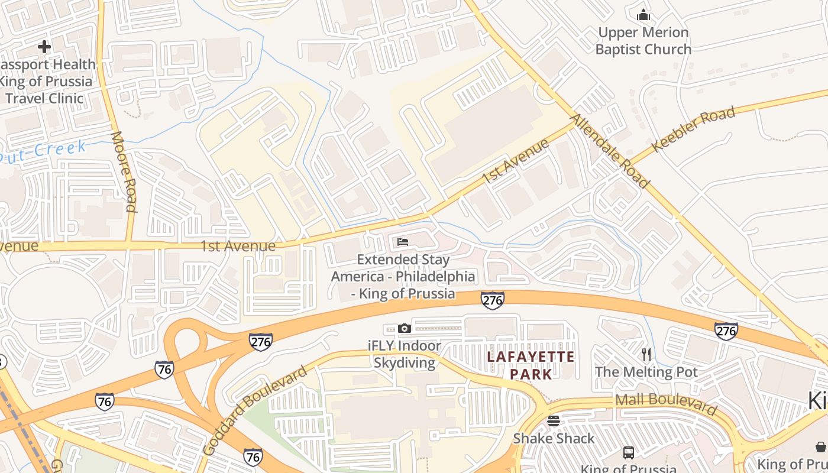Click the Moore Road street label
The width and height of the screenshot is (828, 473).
tap(124, 171)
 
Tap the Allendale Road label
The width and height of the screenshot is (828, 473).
tap(609, 151)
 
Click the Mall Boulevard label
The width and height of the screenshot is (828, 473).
tap(666, 404)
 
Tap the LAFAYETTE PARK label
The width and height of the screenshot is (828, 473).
tap(531, 365)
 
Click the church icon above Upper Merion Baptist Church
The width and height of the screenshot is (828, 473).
tap(643, 15)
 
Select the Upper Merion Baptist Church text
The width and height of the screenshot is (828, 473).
tap(643, 41)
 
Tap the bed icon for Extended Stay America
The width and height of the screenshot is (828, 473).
tap(403, 242)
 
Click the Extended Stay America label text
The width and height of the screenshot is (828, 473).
tap(403, 276)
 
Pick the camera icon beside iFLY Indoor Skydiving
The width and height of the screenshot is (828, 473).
tap(405, 328)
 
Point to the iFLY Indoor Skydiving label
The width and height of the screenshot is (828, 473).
tap(405, 354)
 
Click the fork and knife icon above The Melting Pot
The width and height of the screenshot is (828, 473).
tap(646, 354)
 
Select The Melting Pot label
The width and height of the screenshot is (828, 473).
tap(646, 372)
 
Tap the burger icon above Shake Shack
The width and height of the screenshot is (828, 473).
tap(554, 420)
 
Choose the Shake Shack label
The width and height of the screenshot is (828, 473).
tap(554, 438)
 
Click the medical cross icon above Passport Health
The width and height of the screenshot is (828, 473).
tap(44, 46)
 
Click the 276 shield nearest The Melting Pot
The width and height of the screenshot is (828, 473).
tap(726, 331)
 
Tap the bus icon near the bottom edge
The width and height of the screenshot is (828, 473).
tap(629, 453)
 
